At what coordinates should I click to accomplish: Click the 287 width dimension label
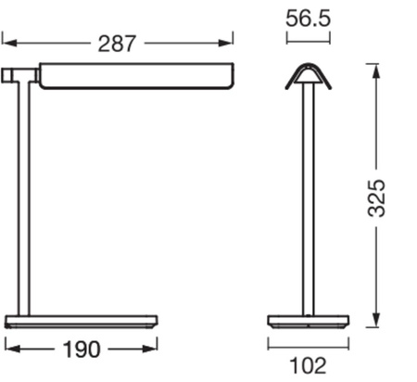pos(117,43)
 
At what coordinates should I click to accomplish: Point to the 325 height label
pos(375,197)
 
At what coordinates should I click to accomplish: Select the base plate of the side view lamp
pos(81,322)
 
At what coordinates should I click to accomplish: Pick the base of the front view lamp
pos(309,322)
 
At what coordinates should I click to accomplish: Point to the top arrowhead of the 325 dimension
pos(375,68)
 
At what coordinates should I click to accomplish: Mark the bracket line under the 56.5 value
pos(309,41)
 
